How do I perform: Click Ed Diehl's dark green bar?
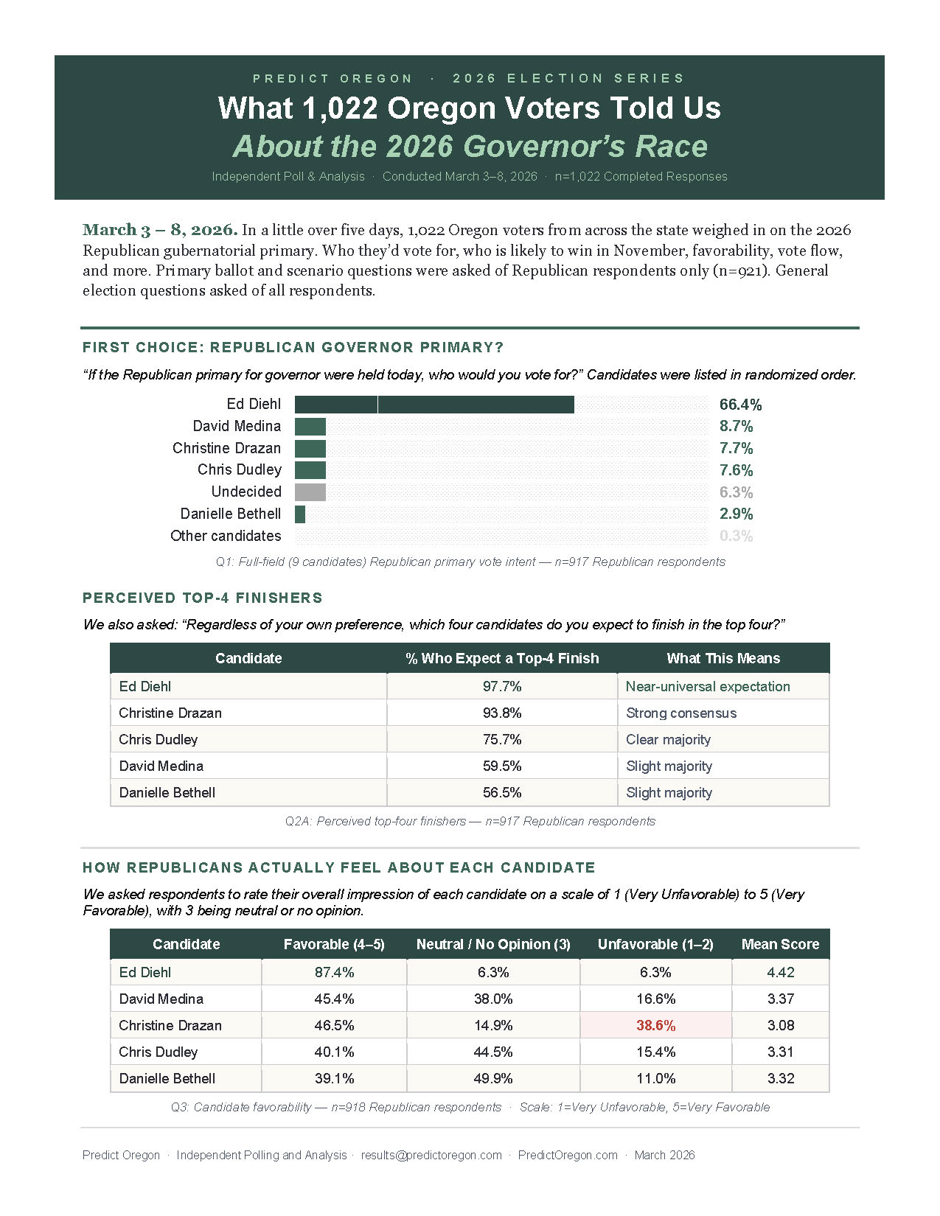pyautogui.click(x=434, y=405)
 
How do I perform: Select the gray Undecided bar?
pyautogui.click(x=310, y=492)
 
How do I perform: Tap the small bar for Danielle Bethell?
pyautogui.click(x=300, y=514)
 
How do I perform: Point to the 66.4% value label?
pyautogui.click(x=740, y=405)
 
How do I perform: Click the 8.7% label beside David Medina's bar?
pyautogui.click(x=736, y=427)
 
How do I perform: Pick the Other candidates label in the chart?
pyautogui.click(x=226, y=536)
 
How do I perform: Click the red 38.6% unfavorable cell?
pyautogui.click(x=655, y=1026)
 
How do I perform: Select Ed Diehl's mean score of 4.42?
pyautogui.click(x=780, y=973)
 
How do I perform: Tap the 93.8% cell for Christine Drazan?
pyautogui.click(x=502, y=713)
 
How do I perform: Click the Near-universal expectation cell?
pyautogui.click(x=708, y=687)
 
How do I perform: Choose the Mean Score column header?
pyautogui.click(x=780, y=945)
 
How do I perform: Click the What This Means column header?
pyautogui.click(x=723, y=659)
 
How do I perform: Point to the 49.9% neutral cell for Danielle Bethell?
pyautogui.click(x=493, y=1079)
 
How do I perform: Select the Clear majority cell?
pyautogui.click(x=668, y=740)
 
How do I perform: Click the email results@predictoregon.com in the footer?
pyautogui.click(x=431, y=1156)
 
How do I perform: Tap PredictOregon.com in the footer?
pyautogui.click(x=568, y=1156)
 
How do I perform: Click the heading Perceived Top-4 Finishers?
pyautogui.click(x=203, y=598)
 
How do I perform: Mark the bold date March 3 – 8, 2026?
pyautogui.click(x=160, y=230)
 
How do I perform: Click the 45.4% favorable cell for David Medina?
pyautogui.click(x=334, y=999)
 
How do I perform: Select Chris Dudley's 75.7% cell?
pyautogui.click(x=502, y=740)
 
